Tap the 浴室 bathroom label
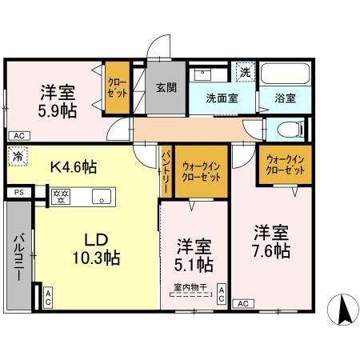tap(286, 99)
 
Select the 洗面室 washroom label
tap(222, 99)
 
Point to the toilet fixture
tap(287, 129)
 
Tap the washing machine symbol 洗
tap(245, 73)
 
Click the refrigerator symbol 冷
tap(17, 158)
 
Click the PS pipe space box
tap(18, 193)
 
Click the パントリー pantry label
tap(166, 170)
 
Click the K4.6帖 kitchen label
tap(74, 167)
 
